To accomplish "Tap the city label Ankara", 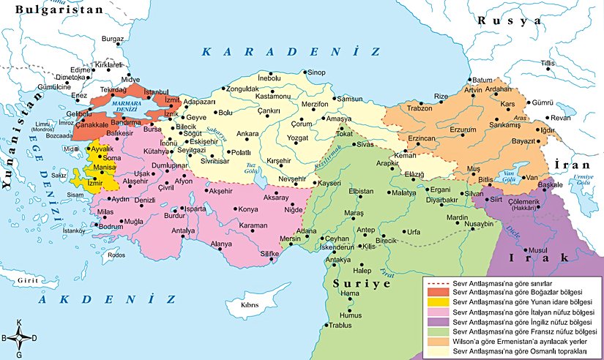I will click(247, 134).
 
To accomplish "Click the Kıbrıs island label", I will click(251, 304).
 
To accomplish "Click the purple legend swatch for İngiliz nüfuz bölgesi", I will click(436, 321).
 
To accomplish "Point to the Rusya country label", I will click(505, 20).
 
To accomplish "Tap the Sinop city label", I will click(316, 72).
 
